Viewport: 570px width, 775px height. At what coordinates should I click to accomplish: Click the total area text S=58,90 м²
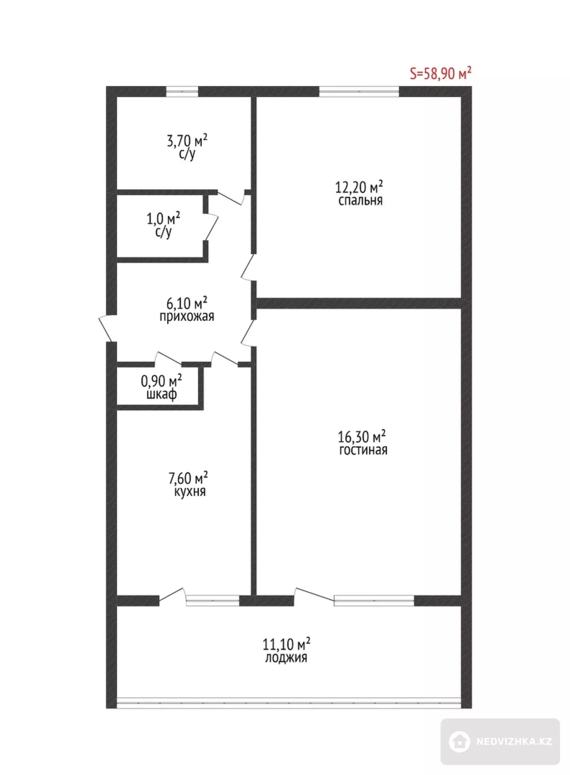click(441, 73)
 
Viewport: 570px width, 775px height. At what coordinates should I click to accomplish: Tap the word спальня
click(360, 201)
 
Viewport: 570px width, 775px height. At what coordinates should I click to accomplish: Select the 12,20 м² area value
click(359, 187)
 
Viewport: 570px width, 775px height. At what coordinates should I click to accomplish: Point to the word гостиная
click(363, 450)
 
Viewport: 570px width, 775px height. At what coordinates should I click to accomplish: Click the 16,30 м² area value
click(362, 437)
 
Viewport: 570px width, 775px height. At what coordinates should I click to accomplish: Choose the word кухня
click(190, 492)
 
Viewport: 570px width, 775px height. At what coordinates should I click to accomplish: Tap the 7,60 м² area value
click(188, 478)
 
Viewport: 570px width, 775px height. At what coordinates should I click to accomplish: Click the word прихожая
click(187, 316)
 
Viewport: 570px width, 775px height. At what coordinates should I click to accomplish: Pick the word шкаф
click(161, 394)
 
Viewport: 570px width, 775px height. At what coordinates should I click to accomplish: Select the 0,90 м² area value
click(161, 381)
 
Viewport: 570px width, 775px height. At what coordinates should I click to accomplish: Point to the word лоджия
click(286, 658)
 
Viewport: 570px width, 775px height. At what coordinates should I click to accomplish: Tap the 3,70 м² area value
click(187, 140)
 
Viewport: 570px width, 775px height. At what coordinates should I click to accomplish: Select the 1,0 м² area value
click(163, 218)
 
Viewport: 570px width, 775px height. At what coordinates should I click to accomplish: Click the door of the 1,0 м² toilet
click(211, 227)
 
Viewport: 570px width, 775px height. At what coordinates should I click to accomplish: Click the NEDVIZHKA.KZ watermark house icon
click(460, 741)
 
